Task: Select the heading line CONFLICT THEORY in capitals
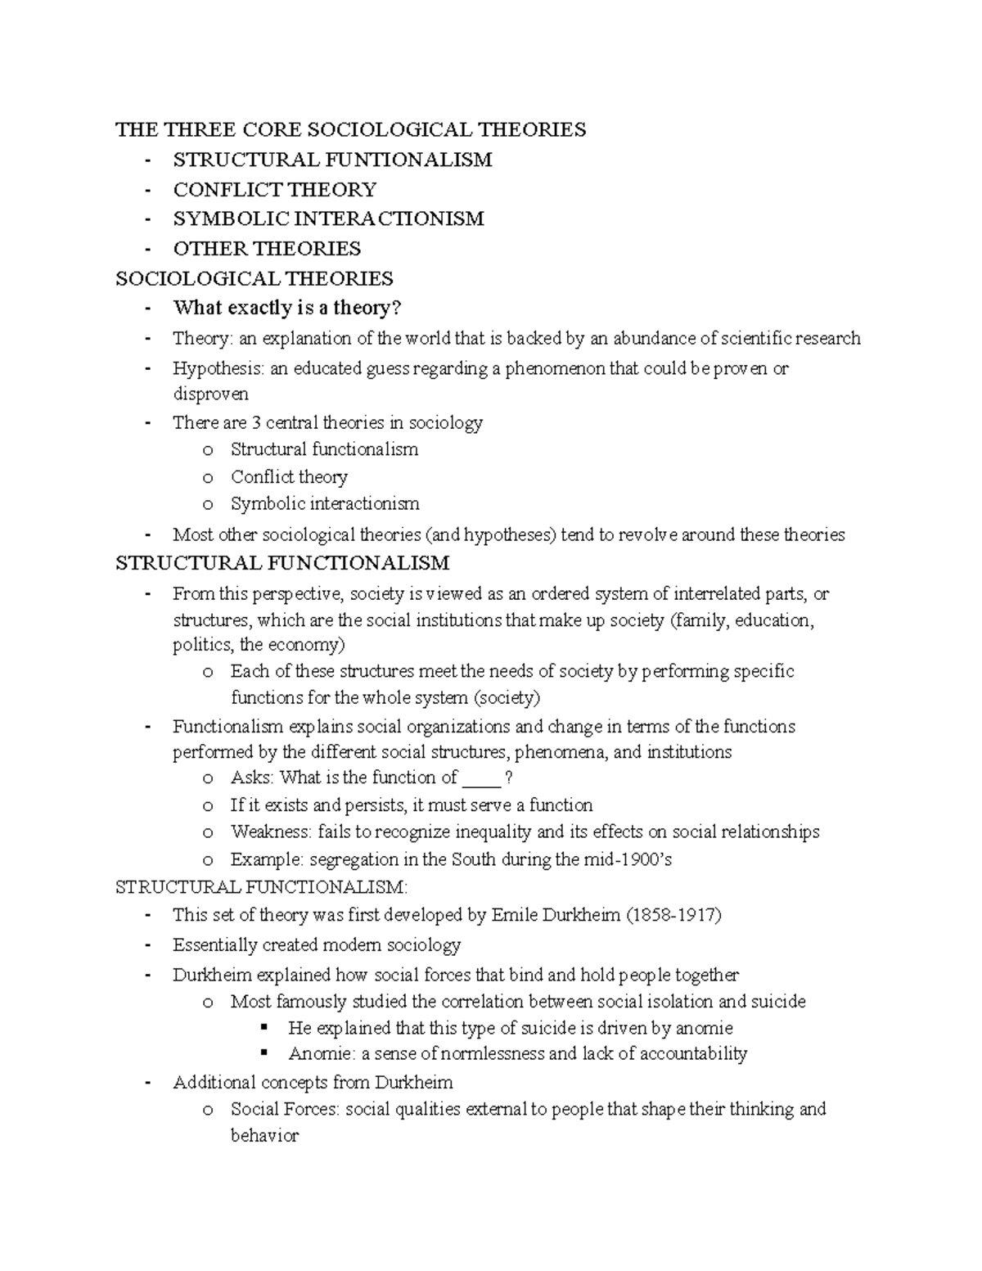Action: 274,190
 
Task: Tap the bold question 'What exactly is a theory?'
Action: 287,308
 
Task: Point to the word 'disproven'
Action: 210,394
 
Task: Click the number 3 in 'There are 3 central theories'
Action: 256,423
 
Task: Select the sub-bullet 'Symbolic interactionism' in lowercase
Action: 325,503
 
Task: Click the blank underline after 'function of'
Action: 481,778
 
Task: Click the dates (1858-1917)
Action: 673,915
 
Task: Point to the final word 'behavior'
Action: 264,1136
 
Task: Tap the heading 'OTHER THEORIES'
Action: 267,249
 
